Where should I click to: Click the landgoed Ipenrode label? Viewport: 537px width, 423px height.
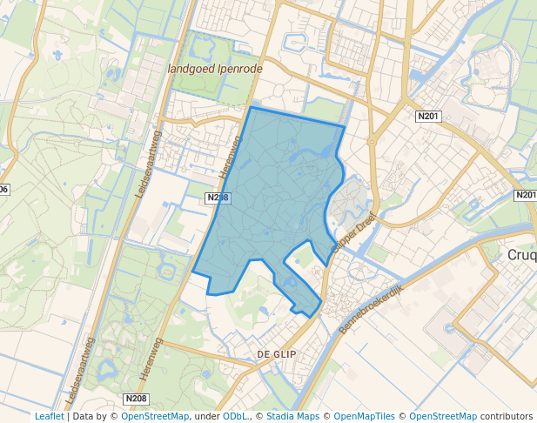point(212,67)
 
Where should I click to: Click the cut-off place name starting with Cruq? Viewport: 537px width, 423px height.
point(520,256)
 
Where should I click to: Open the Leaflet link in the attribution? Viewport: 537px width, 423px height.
point(49,416)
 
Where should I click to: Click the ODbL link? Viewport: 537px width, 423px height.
point(234,416)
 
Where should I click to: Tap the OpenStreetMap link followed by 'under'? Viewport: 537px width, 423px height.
point(154,416)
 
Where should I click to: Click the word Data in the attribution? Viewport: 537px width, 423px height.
point(84,416)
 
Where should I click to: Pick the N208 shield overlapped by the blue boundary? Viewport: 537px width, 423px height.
point(218,198)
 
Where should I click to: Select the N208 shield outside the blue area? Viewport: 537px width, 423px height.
point(136,399)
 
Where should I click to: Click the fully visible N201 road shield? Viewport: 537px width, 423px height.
point(427,117)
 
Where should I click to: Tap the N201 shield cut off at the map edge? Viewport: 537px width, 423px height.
point(526,195)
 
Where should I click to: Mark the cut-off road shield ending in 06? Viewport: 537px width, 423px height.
point(3,189)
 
